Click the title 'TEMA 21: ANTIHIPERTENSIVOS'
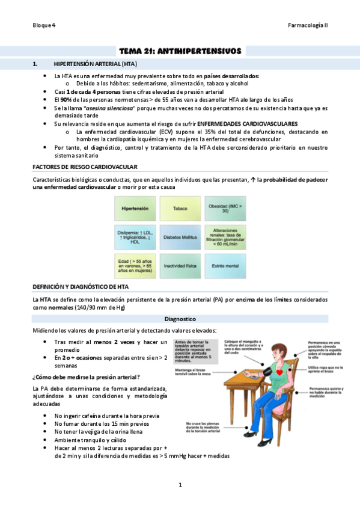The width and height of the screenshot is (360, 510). click(x=180, y=52)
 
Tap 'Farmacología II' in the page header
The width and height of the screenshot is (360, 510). click(x=308, y=25)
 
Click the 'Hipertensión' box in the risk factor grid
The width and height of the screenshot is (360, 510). click(x=135, y=209)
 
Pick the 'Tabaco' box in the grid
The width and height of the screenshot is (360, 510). click(x=180, y=209)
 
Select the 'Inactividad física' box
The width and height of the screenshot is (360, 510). click(x=180, y=265)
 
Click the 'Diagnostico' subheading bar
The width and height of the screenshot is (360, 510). click(x=180, y=319)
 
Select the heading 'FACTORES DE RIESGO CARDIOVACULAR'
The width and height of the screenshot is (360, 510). click(x=85, y=167)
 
